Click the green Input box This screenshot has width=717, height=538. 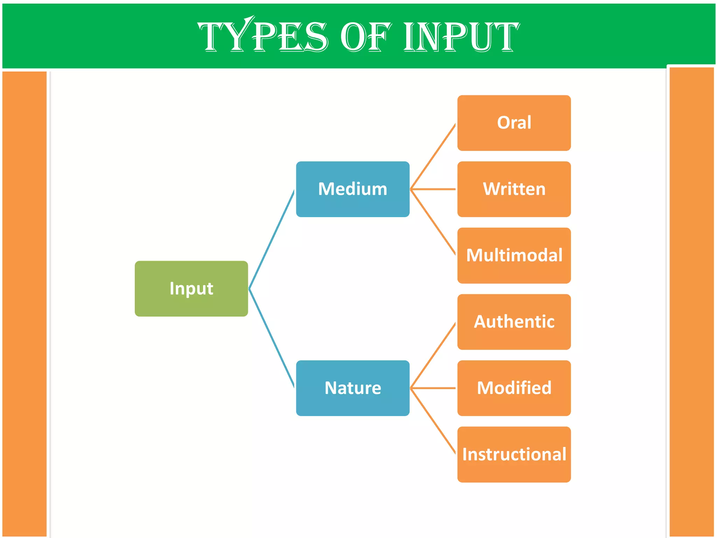point(191,289)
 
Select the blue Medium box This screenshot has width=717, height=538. point(353,189)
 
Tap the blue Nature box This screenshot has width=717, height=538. point(353,388)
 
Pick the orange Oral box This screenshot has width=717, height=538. point(514,123)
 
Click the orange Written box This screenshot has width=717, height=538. point(514,189)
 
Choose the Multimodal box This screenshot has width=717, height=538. point(514,255)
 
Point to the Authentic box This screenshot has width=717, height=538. point(514,322)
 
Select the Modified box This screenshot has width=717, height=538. point(514,388)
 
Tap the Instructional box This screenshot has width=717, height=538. point(514,454)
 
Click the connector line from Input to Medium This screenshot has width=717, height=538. point(271,240)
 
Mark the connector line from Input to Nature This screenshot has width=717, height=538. point(271,338)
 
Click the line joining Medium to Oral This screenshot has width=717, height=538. point(433,156)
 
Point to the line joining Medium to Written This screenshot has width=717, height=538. point(433,189)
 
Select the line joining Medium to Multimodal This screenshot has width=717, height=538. point(433,222)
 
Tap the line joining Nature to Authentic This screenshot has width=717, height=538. point(433,356)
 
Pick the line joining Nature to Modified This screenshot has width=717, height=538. point(433,388)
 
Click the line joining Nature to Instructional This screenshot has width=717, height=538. point(433,421)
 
